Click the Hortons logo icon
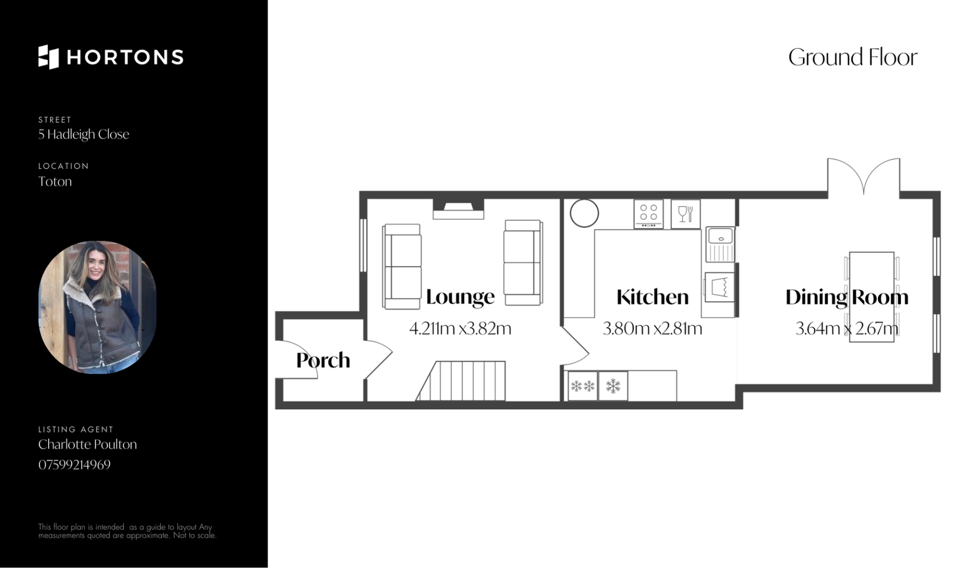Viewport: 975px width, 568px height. pos(49,57)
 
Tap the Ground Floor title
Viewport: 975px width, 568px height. pos(853,57)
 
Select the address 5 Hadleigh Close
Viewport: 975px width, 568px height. pos(84,135)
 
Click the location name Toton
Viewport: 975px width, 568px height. pos(55,181)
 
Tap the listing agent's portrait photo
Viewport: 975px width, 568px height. pos(97,307)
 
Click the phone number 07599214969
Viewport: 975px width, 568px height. pos(74,464)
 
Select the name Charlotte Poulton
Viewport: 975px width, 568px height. pos(87,444)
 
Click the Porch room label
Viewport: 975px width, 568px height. pos(323,360)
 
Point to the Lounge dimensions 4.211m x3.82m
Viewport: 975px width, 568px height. pos(460,328)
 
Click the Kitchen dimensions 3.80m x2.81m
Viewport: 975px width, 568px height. pos(653,328)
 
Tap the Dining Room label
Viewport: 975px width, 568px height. pos(847,297)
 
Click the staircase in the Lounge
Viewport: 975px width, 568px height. pos(461,381)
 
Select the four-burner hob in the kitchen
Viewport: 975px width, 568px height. pos(648,214)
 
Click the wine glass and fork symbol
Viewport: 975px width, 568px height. pos(686,214)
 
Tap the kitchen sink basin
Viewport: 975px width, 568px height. pos(721,236)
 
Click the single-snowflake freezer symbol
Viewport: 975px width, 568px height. pos(613,386)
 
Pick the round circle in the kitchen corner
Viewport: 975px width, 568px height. pos(584,213)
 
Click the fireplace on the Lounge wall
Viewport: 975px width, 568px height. pos(458,209)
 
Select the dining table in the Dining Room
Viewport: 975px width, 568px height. pos(871,297)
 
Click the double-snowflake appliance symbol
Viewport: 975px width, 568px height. pos(582,386)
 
